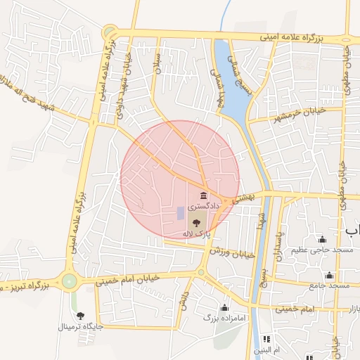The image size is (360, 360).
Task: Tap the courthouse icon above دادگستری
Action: (x=203, y=195)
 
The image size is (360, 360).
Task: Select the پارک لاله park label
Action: (x=196, y=233)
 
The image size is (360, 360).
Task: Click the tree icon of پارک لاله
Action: (x=195, y=221)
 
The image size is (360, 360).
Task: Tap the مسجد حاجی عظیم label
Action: (x=323, y=250)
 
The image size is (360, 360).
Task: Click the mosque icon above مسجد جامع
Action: (x=329, y=275)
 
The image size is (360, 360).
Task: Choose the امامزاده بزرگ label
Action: (x=224, y=318)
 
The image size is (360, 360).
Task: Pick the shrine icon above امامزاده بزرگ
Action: (x=224, y=307)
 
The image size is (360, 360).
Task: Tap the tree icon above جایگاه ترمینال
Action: (x=80, y=315)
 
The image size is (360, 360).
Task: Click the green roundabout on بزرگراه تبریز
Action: (x=69, y=281)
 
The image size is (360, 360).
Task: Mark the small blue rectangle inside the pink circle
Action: (x=180, y=212)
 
